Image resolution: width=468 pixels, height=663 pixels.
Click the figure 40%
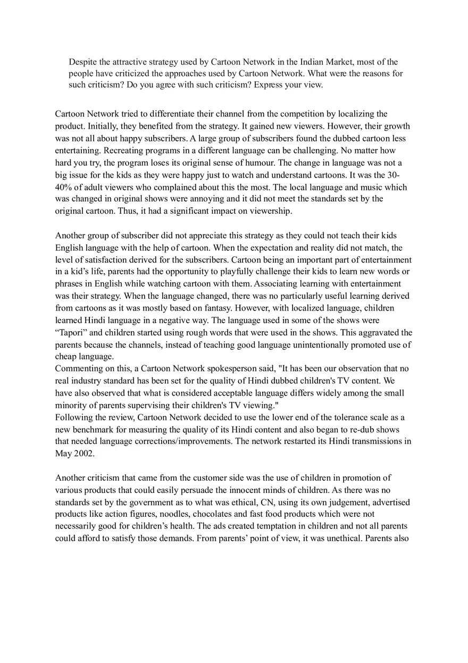(x=64, y=187)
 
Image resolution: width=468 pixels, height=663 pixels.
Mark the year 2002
(x=83, y=454)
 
